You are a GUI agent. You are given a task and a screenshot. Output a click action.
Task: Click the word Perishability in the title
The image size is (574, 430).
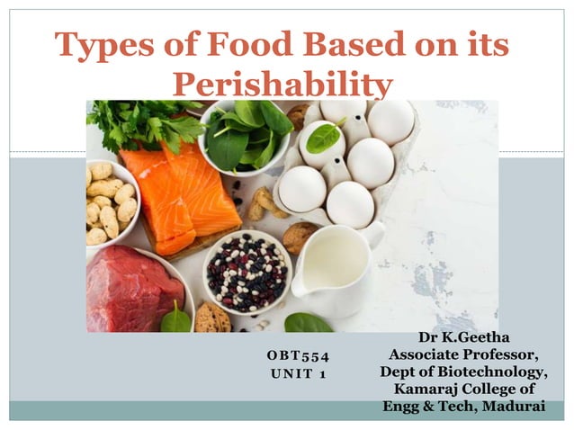coord(282,85)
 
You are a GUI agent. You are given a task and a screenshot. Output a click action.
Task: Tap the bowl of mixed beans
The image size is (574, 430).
coord(246,270)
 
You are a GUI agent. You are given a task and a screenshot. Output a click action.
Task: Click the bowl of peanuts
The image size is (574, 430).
coord(110,202)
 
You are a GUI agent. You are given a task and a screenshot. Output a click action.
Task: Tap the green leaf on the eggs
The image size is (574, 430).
coord(323,137)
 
